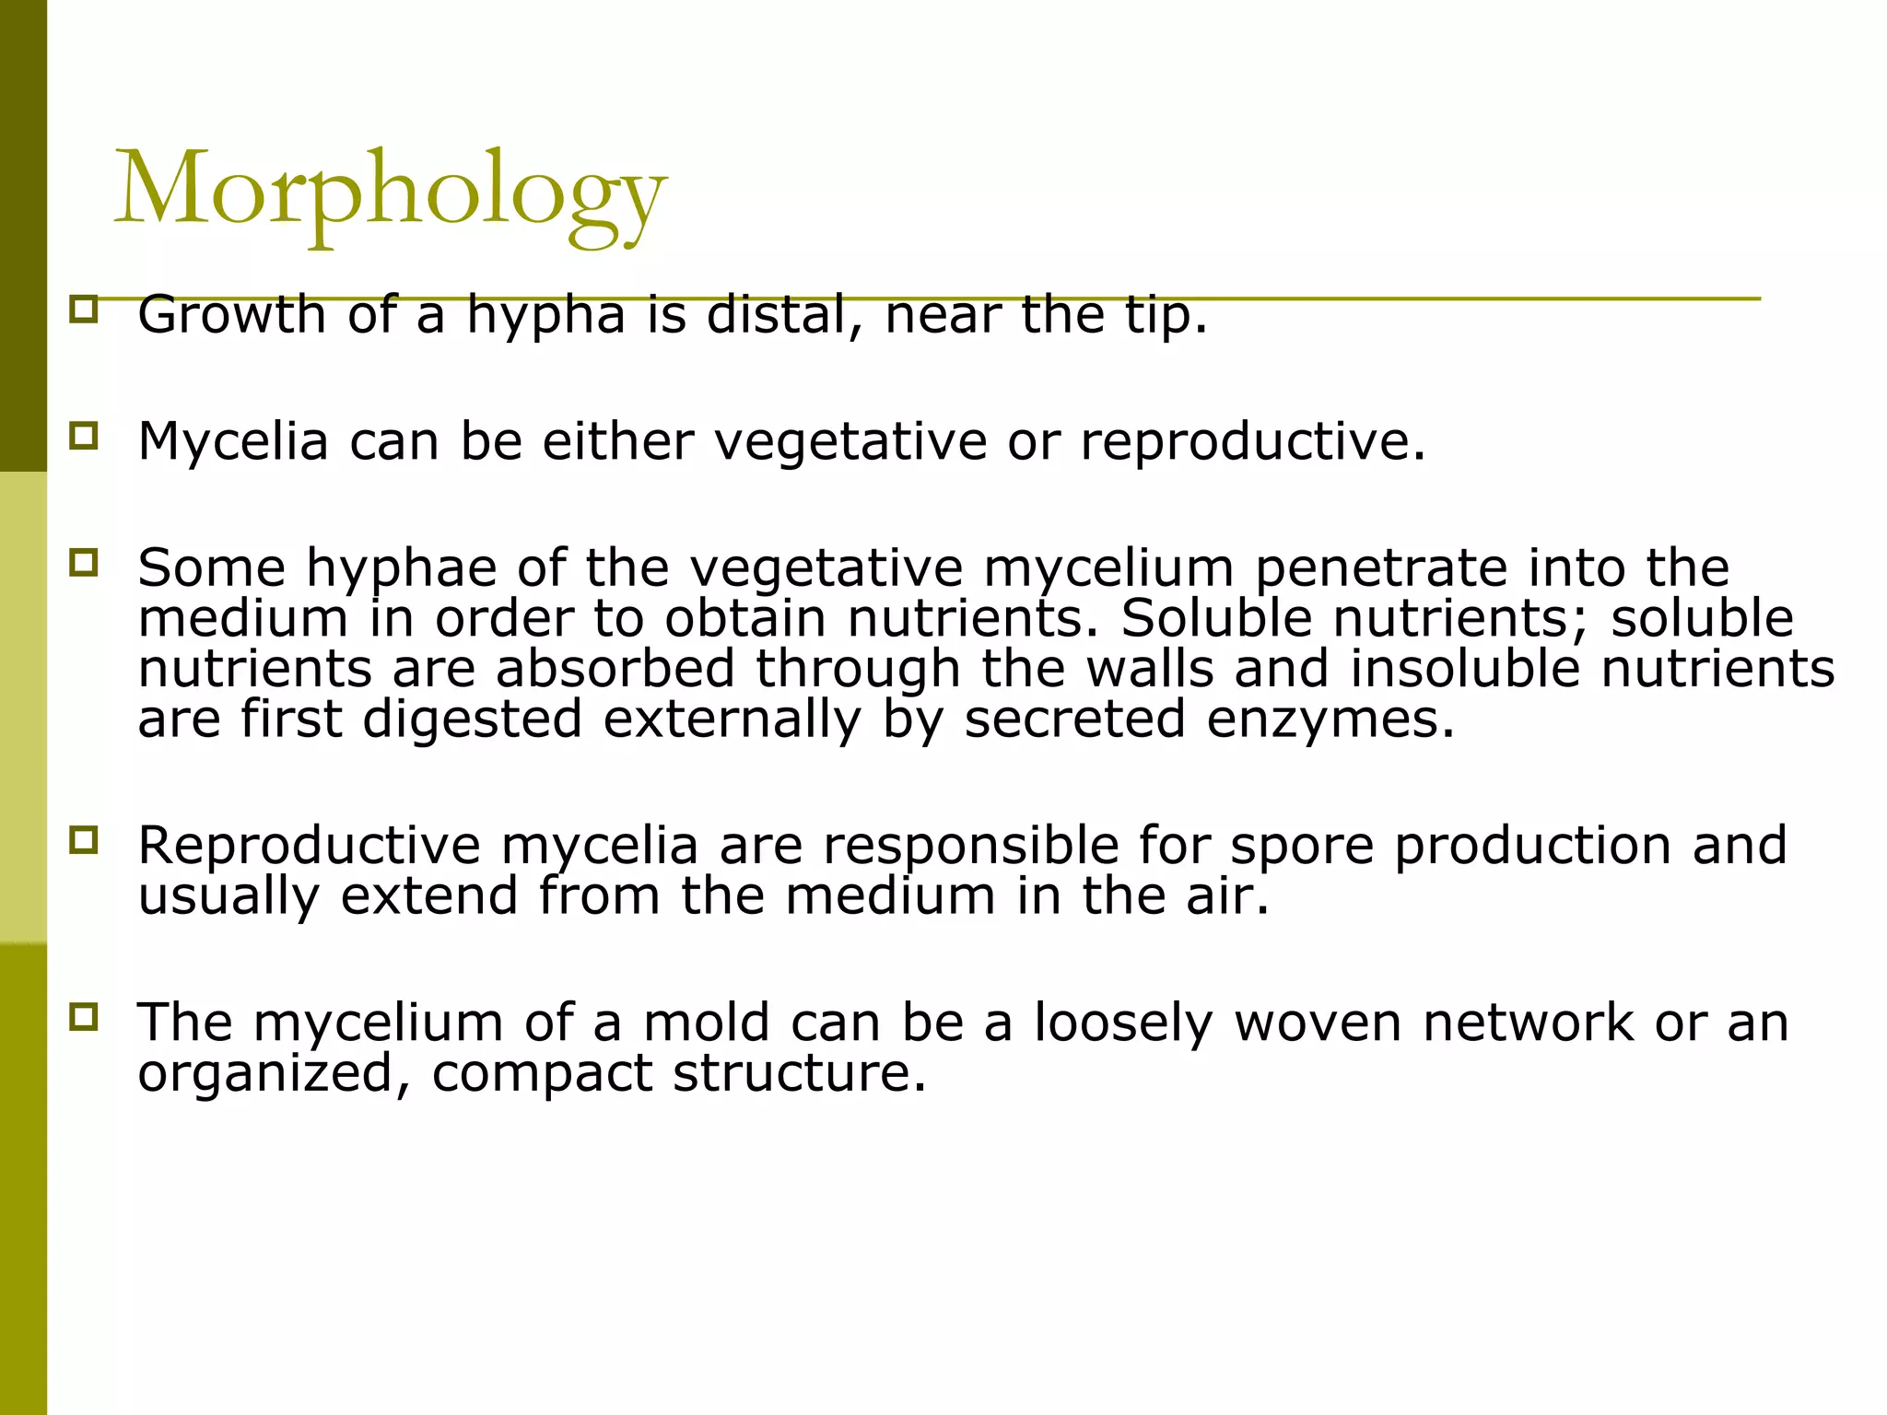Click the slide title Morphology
pos(389,192)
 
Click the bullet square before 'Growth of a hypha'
pos(83,308)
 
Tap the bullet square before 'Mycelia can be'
pos(83,435)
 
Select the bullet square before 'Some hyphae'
pos(83,561)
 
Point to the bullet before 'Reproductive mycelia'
pos(83,839)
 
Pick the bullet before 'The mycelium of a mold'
pos(83,1017)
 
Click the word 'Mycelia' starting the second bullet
pos(233,441)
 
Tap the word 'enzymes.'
pos(1330,719)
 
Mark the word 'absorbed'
pos(615,669)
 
